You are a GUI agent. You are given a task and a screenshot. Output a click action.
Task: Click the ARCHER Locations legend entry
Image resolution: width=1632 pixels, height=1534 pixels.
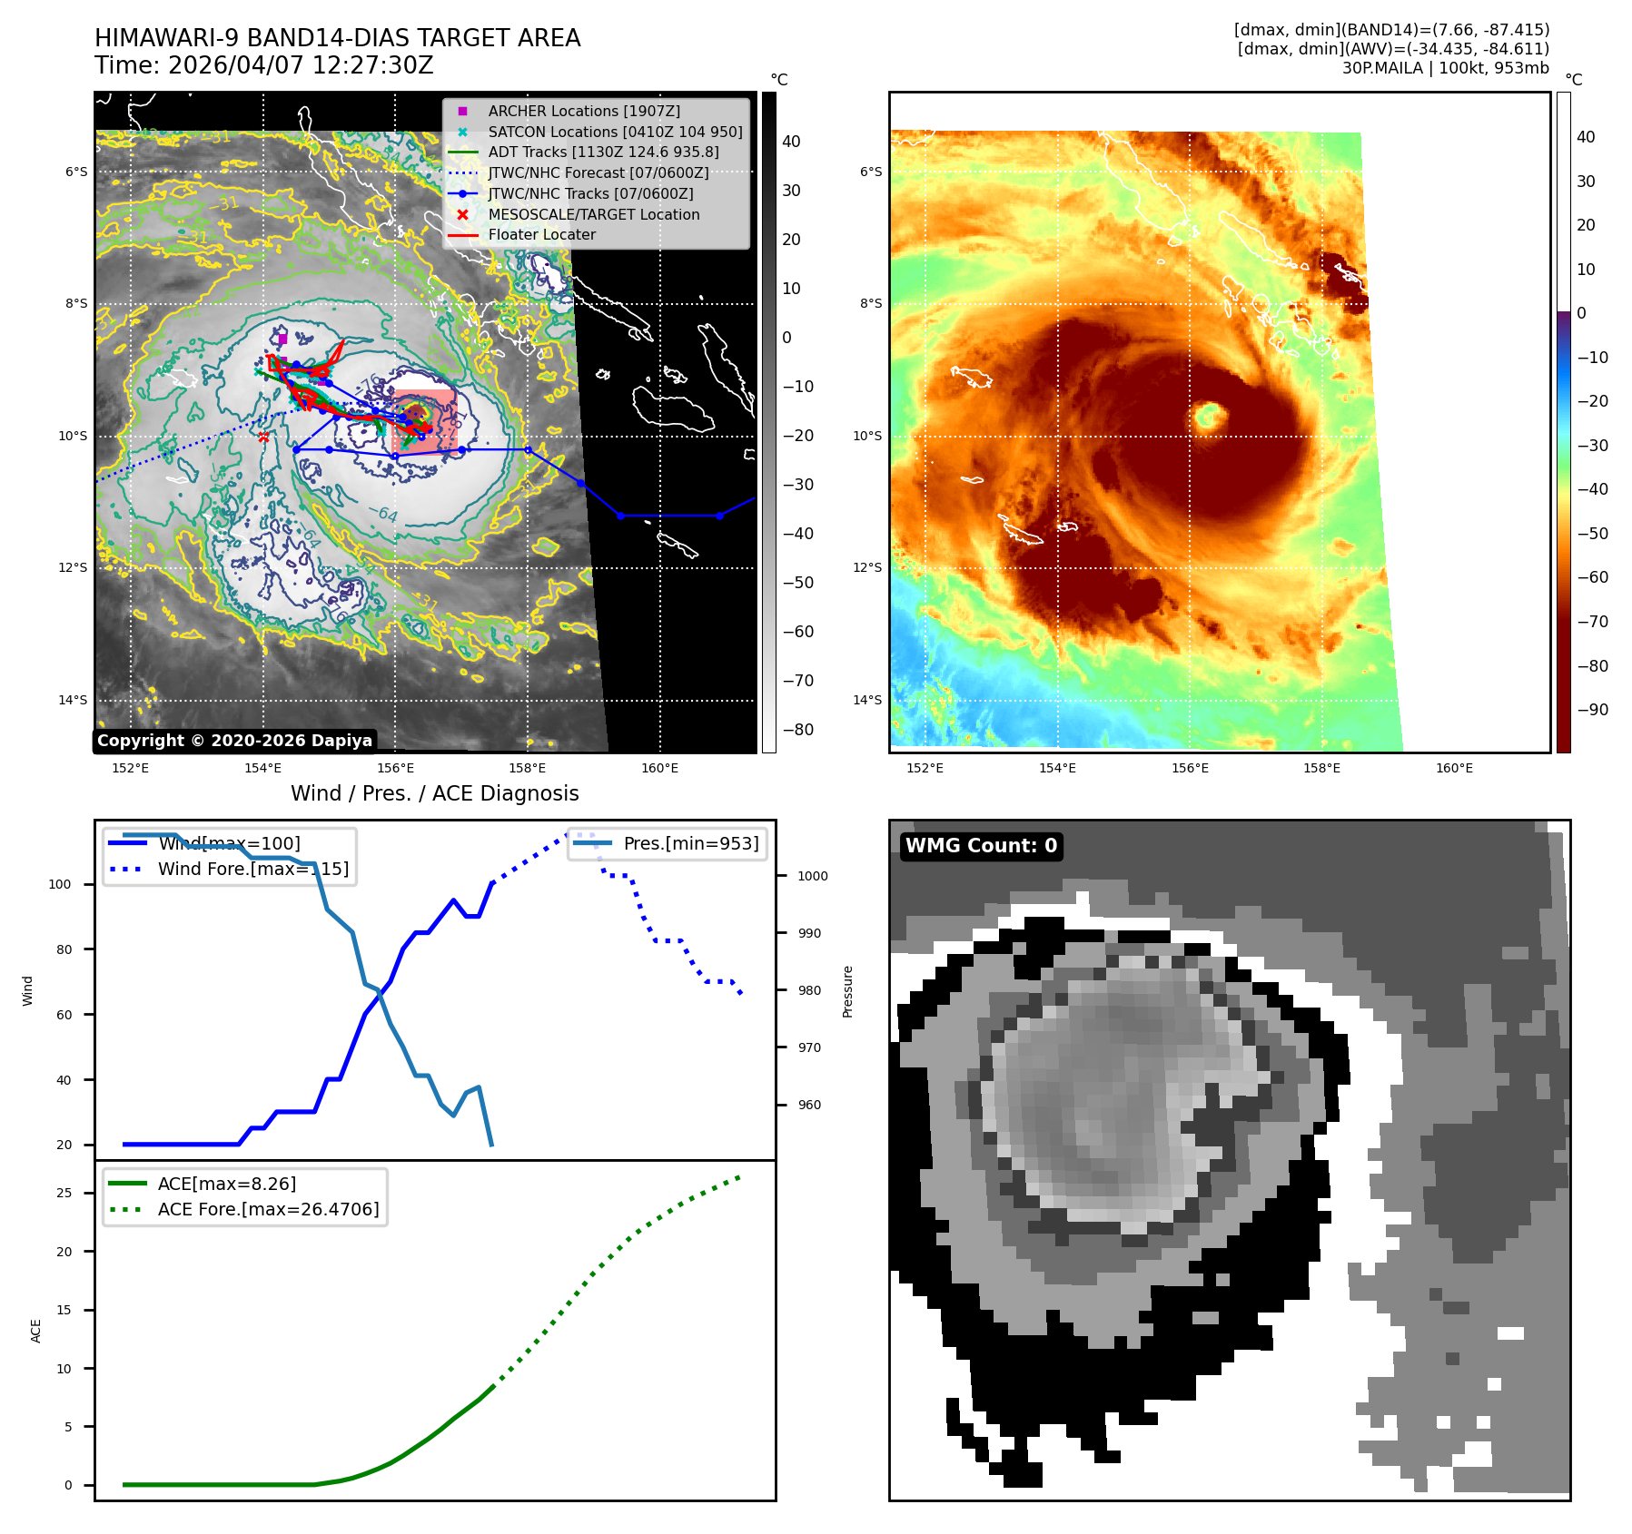coord(583,111)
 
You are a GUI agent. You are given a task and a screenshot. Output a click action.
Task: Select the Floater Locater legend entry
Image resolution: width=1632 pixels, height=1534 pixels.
coord(541,234)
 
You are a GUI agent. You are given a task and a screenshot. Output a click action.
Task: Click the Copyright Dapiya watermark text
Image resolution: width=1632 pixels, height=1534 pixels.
coord(234,741)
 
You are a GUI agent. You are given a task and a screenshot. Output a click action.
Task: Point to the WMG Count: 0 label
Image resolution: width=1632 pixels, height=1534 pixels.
coord(981,846)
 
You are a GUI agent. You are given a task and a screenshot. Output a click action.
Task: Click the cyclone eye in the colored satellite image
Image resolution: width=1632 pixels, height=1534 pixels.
coord(1209,417)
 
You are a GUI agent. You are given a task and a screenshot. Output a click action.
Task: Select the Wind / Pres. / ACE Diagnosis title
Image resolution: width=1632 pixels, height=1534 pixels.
coord(434,793)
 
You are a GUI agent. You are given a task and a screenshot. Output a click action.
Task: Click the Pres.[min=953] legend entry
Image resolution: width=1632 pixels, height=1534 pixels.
coord(690,843)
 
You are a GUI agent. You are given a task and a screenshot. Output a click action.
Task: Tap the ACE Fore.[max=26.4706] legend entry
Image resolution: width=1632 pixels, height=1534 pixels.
coord(268,1209)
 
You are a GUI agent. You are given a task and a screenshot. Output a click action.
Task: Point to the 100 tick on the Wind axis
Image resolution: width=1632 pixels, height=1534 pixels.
coord(60,884)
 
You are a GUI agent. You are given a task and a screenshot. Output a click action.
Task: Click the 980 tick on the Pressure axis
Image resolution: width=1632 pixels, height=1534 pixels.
coord(809,990)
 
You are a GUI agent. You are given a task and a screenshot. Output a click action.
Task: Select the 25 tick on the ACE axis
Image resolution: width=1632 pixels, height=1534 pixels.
coord(64,1193)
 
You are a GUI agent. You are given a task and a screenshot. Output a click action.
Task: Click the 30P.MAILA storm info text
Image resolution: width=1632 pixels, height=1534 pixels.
coord(1445,68)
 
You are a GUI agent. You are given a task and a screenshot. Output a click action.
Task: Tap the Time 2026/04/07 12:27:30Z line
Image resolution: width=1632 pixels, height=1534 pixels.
coord(264,65)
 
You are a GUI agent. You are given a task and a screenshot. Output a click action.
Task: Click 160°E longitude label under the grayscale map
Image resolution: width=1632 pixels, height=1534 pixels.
coord(659,768)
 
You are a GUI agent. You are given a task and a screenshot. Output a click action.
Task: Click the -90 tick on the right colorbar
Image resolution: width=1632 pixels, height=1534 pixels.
coord(1592,710)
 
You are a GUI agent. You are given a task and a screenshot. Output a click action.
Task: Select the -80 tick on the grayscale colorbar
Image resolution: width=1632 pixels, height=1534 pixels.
coord(798,730)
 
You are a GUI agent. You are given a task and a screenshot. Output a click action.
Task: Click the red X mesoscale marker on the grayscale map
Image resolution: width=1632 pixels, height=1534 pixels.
coord(263,437)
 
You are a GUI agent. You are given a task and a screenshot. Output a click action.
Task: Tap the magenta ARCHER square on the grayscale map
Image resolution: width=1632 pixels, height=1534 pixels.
coord(282,339)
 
